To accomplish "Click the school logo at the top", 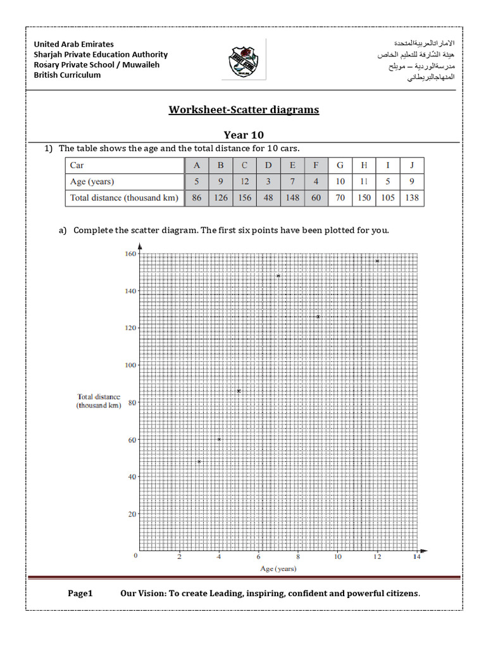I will pos(244,61).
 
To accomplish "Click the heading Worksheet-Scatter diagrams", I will pos(244,110).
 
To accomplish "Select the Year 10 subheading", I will pos(244,135).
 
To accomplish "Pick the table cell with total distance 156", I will pos(244,197).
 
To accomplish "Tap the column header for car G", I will pos(340,166).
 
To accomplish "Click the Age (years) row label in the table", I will pos(92,182).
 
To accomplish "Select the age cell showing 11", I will pos(364,182).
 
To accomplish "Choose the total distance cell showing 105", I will pos(388,197).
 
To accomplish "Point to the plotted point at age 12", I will pos(377,261).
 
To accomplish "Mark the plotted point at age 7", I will pos(278,276).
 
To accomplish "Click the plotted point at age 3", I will pos(199,462).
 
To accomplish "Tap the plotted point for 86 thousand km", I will pos(239,391).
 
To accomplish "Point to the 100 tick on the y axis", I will pos(130,365).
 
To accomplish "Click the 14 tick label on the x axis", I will pos(416,558).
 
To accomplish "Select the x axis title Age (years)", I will pos(278,568).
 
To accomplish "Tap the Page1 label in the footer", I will pos(80,594).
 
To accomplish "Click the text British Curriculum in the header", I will pos(67,75).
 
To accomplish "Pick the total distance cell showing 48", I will pos(268,197).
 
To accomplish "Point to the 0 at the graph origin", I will pos(135,556).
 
